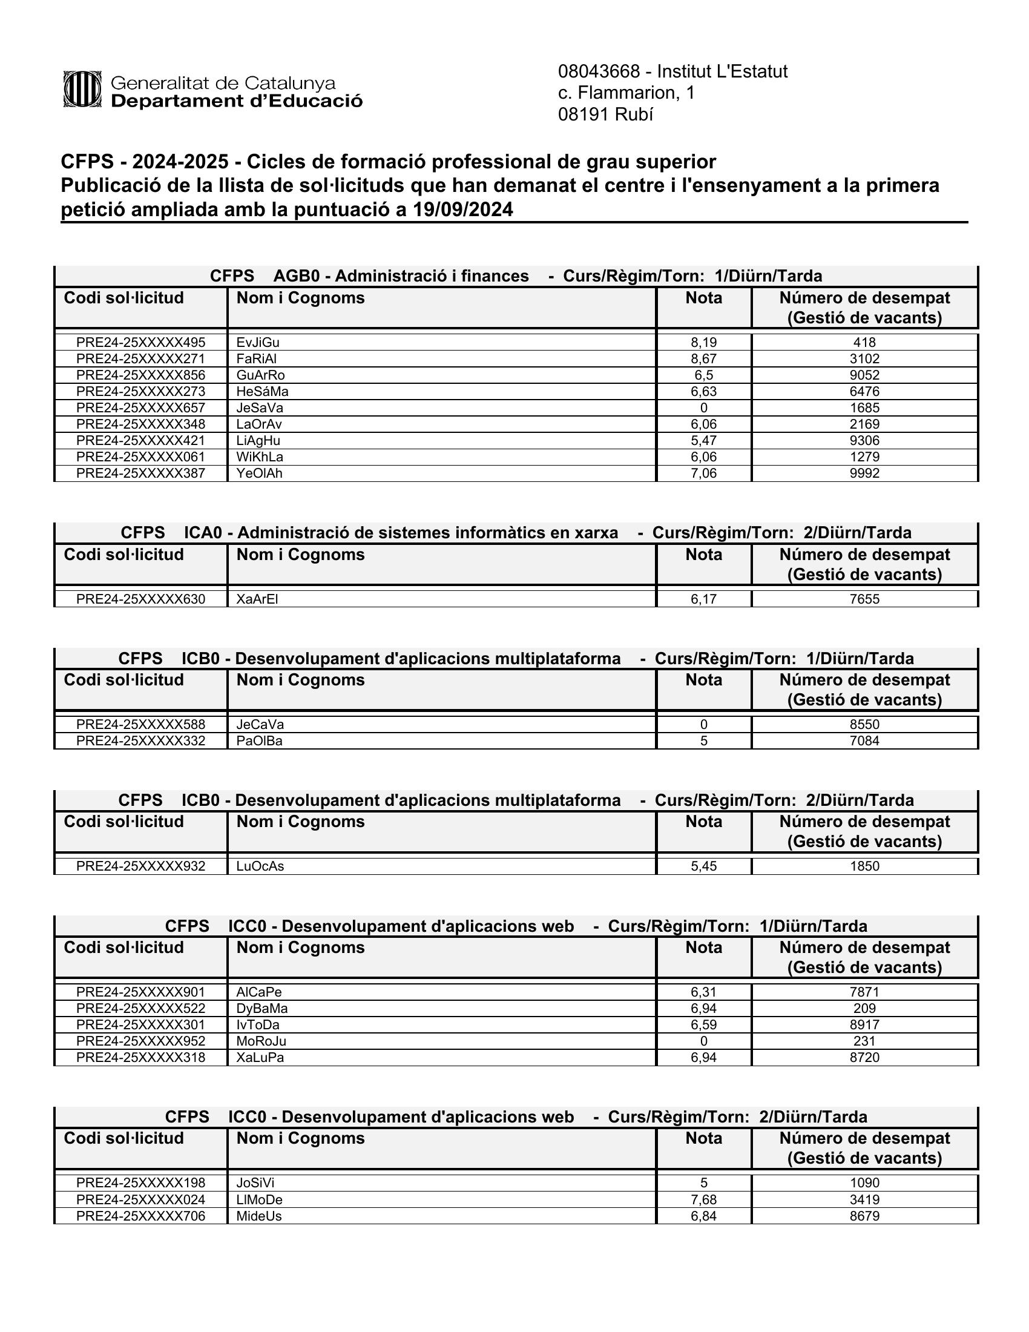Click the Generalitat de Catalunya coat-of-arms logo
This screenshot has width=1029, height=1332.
coord(82,90)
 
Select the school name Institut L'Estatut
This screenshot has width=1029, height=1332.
coord(722,72)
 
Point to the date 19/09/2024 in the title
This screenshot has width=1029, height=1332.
coord(462,210)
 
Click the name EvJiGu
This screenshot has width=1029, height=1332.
coord(258,342)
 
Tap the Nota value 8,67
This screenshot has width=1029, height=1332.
coord(703,358)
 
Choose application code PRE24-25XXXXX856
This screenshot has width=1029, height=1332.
coord(141,375)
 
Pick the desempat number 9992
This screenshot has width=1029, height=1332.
coord(864,473)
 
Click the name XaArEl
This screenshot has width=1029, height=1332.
coord(257,599)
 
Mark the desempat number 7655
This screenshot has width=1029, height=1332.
coord(864,599)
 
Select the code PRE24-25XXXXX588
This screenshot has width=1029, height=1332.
coord(141,725)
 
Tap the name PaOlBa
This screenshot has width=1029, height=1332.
coord(260,741)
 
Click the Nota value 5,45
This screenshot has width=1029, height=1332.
coord(703,866)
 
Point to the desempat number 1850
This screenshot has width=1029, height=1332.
coord(864,866)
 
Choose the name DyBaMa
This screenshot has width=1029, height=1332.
coord(262,1008)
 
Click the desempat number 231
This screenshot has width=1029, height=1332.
coord(864,1041)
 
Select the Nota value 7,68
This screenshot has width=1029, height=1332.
coord(703,1199)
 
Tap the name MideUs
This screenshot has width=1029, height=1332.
coord(259,1216)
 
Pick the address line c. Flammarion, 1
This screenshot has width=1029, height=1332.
coord(626,93)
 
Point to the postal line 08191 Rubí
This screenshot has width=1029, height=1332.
coord(605,114)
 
